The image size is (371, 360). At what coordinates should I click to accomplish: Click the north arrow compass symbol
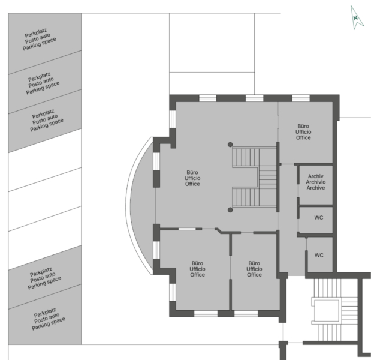[x=357, y=18]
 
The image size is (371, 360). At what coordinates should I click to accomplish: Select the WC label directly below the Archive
[x=319, y=218]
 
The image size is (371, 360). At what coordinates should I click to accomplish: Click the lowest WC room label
[x=319, y=255]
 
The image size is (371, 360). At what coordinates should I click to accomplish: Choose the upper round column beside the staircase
[x=230, y=145]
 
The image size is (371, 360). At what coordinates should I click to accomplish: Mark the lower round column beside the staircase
[x=230, y=210]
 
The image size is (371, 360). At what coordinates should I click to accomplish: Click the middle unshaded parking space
[x=45, y=199]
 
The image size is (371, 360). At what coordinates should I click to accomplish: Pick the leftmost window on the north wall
[x=207, y=98]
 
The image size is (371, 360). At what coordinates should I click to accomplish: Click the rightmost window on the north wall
[x=301, y=98]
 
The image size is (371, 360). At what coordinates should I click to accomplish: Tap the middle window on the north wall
[x=254, y=98]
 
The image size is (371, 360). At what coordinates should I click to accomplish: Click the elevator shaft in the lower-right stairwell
[x=326, y=311]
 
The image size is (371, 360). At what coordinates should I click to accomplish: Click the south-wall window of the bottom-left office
[x=206, y=314]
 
